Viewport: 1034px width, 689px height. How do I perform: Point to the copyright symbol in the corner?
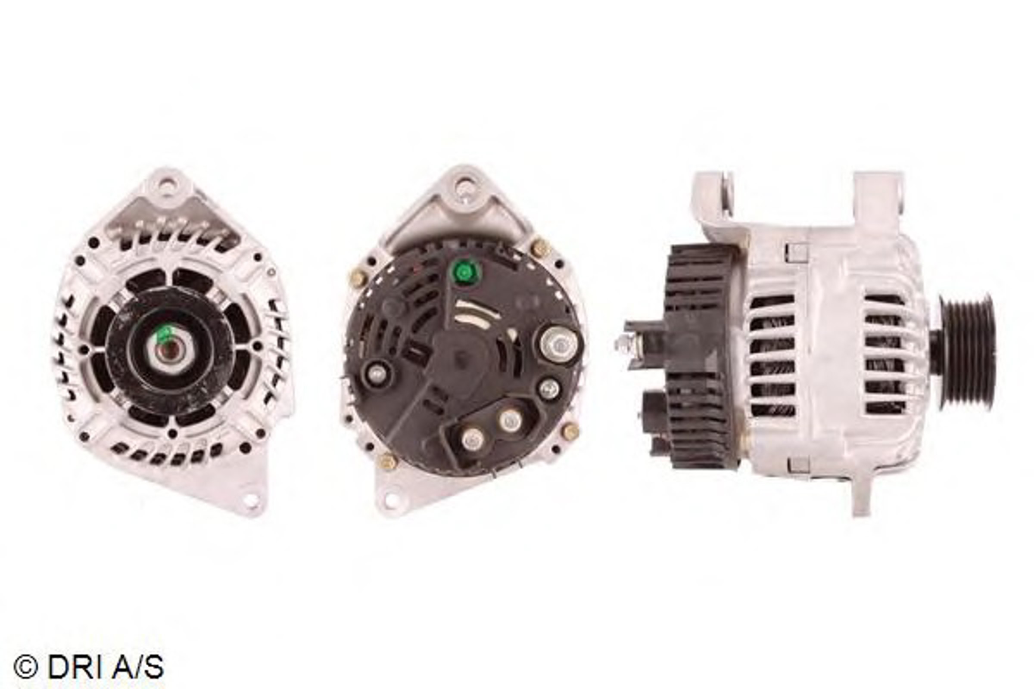click(x=25, y=667)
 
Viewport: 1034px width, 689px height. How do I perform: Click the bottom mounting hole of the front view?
click(x=251, y=499)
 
